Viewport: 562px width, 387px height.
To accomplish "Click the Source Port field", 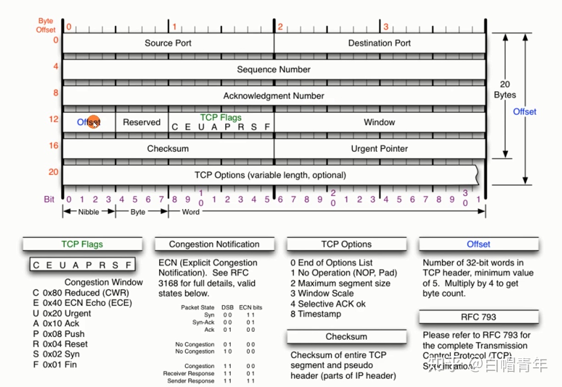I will [168, 43].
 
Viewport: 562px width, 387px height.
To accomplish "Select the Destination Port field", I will [379, 43].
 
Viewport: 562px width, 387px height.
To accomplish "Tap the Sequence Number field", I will [273, 69].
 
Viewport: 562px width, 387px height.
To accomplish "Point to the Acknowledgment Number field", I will [273, 96].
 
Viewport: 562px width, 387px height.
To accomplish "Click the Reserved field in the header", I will [142, 122].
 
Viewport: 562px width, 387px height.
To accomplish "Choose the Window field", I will [379, 122].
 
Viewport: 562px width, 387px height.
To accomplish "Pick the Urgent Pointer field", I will [379, 148].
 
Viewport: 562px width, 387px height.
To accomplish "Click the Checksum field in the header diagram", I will [168, 148].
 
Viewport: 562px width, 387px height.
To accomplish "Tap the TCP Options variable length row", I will [270, 175].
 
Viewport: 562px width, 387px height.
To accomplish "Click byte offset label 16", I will [54, 146].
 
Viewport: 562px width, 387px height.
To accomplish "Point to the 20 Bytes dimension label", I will [505, 90].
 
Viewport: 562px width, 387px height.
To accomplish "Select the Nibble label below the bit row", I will [89, 212].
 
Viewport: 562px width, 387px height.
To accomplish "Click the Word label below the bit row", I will [191, 212].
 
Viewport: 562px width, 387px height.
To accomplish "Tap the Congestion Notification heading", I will [214, 245].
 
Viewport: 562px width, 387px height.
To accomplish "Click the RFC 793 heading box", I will [479, 317].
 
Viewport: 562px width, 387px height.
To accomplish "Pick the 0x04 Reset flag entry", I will [60, 344].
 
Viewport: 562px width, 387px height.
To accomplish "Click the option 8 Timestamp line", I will [316, 314].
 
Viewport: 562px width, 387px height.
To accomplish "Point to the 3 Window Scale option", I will [322, 293].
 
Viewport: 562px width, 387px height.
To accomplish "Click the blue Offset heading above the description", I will [479, 245].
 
